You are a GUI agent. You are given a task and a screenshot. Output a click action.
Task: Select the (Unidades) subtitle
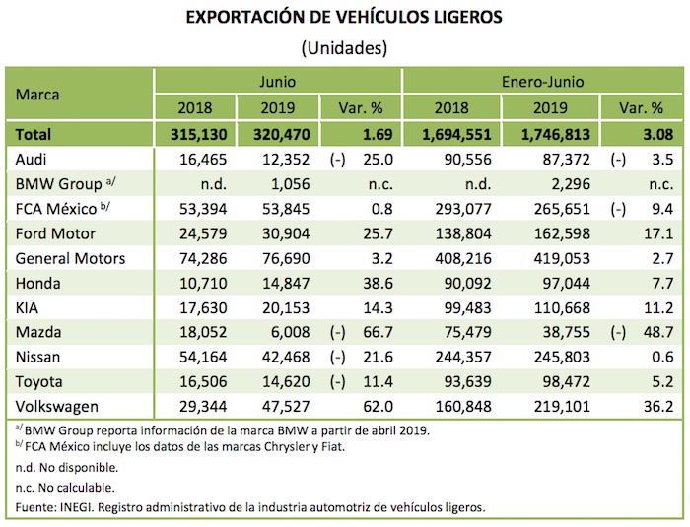point(344,47)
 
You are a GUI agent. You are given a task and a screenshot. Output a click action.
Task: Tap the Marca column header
point(38,95)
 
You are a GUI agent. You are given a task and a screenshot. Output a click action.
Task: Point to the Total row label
point(34,134)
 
